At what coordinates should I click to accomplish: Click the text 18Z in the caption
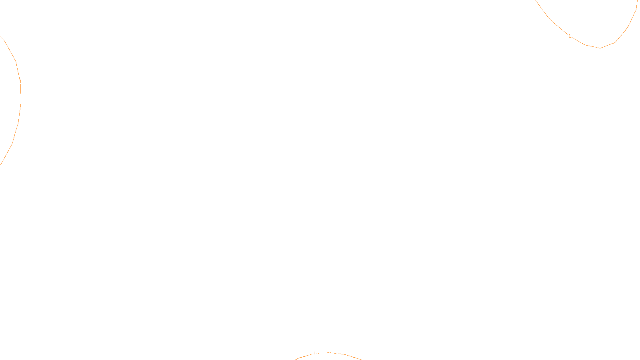pos(303,354)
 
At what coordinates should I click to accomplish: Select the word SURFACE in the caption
pos(320,354)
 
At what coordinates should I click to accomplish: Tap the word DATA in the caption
pos(338,354)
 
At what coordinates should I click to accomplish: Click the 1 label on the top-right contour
pos(570,36)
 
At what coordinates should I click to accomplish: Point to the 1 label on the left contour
pos(20,82)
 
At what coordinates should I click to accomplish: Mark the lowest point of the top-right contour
pos(600,48)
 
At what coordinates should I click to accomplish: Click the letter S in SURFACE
pos(312,354)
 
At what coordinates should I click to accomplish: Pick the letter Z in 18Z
pos(306,354)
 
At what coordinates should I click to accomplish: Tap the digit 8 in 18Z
pos(303,354)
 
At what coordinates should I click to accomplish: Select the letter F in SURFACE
pos(320,354)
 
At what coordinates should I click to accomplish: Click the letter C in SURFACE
pos(326,354)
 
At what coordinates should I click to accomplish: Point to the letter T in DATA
pos(340,354)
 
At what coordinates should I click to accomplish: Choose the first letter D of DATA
pos(334,354)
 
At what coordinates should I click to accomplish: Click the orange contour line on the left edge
pos(18,120)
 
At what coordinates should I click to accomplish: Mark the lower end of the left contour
pos(0,164)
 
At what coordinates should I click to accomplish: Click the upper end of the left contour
pos(0,36)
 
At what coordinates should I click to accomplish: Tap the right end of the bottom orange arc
pos(361,360)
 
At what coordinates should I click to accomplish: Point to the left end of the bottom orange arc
pos(295,360)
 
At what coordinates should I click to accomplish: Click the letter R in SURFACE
pos(317,354)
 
